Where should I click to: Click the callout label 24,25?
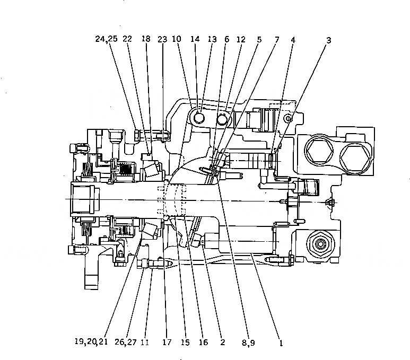pos(108,39)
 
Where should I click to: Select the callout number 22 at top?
pos(127,39)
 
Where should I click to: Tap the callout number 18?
pos(146,39)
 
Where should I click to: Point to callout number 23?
pos(162,39)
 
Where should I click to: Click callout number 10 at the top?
pos(177,39)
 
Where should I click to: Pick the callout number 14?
pos(195,39)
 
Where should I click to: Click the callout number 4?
pos(293,39)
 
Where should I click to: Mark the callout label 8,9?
pos(248,343)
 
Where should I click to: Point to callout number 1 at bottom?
pos(281,343)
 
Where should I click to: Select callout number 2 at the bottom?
pos(222,343)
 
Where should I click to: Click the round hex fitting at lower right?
pos(320,244)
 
